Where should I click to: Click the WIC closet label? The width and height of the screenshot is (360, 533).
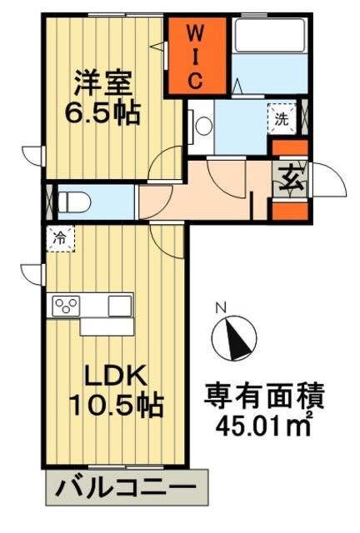click(x=192, y=57)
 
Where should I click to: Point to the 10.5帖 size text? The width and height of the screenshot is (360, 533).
click(x=115, y=406)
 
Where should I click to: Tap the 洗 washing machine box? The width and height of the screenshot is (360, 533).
click(x=282, y=118)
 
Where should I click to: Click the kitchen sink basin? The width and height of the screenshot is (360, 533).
click(x=119, y=305)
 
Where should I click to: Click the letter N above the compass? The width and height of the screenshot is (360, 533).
click(x=222, y=308)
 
